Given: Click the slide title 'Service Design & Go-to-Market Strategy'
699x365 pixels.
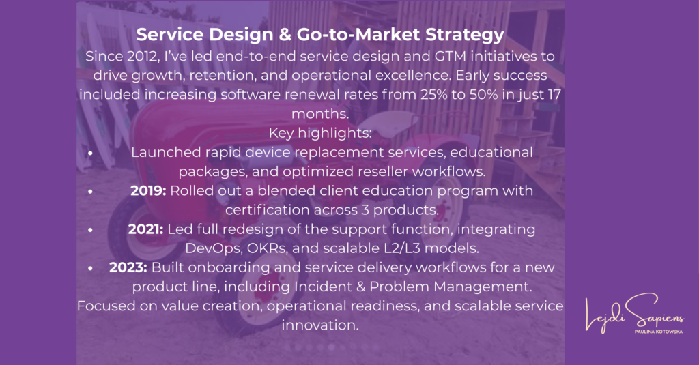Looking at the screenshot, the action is pyautogui.click(x=320, y=35).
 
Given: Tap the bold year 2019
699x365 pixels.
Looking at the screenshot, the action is pyautogui.click(x=148, y=191).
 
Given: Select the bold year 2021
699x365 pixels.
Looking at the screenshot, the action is pyautogui.click(x=146, y=229).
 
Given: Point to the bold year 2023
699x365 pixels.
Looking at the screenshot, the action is pyautogui.click(x=128, y=267).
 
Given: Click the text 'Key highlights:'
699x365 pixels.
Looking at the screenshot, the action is pyautogui.click(x=320, y=133).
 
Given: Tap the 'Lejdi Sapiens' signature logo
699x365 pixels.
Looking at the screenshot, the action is pyautogui.click(x=634, y=313).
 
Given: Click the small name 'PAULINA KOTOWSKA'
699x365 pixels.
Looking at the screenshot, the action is pyautogui.click(x=659, y=332).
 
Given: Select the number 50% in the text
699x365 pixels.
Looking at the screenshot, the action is pyautogui.click(x=483, y=94).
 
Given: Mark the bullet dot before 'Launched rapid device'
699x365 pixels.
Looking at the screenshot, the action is pyautogui.click(x=90, y=153).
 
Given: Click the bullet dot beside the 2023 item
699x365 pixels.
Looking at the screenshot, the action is pyautogui.click(x=90, y=268).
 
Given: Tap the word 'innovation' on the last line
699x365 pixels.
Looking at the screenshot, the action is pyautogui.click(x=319, y=325).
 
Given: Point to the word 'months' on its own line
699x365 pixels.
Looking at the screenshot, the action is pyautogui.click(x=319, y=114).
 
